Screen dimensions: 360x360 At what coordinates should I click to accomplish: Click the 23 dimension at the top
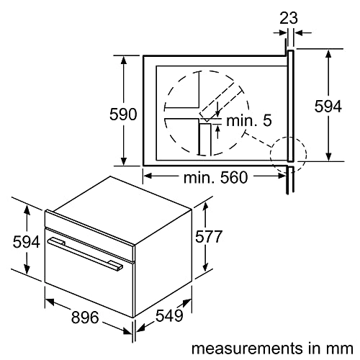pyautogui.click(x=288, y=17)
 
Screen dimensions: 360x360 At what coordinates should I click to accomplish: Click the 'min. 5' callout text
pyautogui.click(x=248, y=121)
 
